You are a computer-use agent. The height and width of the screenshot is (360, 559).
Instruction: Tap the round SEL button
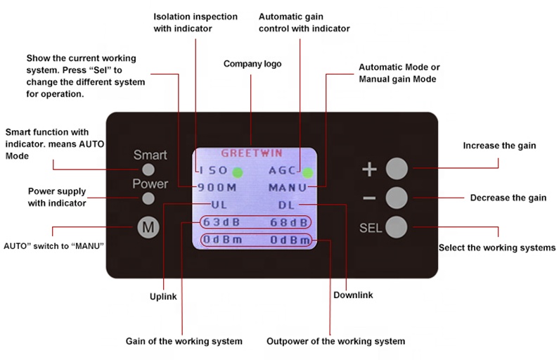point(397,226)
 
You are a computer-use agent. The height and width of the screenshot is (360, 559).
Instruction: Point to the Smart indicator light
point(148,169)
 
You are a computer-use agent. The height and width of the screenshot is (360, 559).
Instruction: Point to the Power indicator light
point(148,198)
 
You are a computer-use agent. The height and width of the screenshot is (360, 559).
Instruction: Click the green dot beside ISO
point(238,171)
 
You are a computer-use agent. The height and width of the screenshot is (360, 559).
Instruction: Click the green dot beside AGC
point(308,171)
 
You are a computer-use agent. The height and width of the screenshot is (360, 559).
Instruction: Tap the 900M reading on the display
point(217,188)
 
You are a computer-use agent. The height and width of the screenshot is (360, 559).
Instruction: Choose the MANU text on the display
point(288,188)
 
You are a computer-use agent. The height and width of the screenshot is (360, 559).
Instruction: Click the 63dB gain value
point(220,223)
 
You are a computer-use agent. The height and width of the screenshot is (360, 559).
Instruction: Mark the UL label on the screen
point(219,205)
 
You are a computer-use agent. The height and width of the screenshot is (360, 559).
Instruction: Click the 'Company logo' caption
point(252,64)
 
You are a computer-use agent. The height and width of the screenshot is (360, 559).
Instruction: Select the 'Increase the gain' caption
point(499,146)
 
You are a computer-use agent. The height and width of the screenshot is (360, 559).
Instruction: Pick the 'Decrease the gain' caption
point(508,198)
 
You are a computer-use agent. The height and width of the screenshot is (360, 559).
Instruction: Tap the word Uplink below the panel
point(163,297)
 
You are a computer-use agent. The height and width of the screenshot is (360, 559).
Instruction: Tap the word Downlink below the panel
point(353,294)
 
